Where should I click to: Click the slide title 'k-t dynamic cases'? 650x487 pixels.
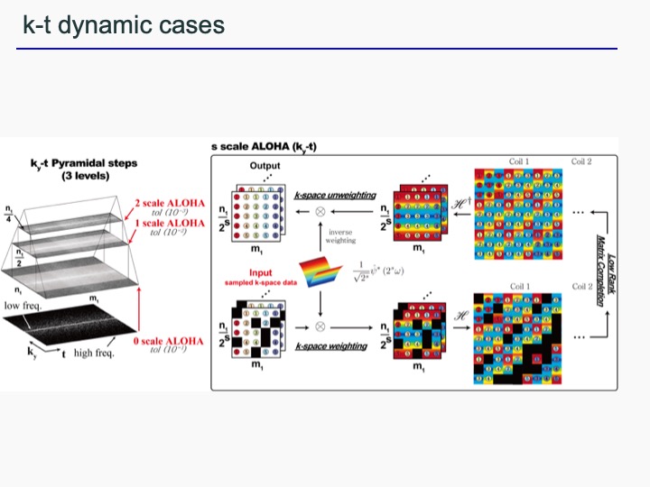coord(124,24)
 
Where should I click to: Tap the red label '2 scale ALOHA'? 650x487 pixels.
coord(168,203)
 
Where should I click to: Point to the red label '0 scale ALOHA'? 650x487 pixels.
coord(169,341)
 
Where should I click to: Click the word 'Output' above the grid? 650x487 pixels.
coord(265,166)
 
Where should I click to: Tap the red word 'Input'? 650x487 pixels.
coord(262,273)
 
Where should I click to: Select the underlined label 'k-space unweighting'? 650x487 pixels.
coord(336,196)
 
